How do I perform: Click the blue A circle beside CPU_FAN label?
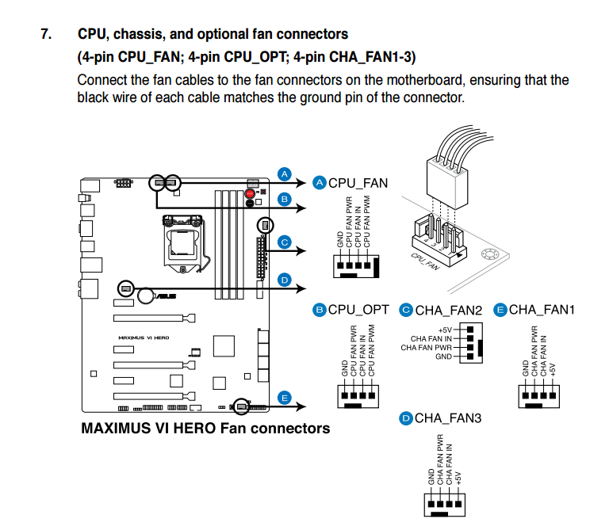320,183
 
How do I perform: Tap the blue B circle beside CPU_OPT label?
320,309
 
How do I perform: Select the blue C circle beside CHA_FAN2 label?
406,309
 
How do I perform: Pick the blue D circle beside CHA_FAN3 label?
406,418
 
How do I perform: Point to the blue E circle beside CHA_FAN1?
500,309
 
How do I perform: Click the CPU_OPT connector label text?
358,309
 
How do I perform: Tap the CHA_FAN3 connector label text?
448,418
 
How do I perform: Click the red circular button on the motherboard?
251,193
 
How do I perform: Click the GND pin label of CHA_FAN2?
443,357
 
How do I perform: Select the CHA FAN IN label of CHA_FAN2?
431,338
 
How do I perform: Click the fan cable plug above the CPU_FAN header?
446,173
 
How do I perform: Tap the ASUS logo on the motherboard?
166,297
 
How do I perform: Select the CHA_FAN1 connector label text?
542,309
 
